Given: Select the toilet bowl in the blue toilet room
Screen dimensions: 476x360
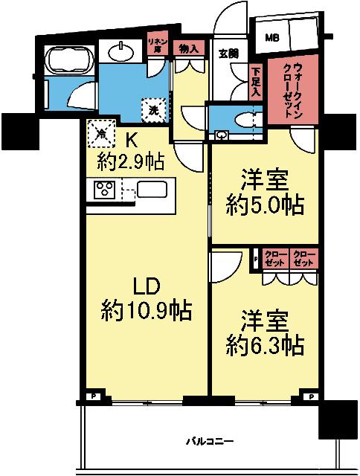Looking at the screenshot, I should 242,119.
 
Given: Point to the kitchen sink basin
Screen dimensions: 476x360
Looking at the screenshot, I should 152,190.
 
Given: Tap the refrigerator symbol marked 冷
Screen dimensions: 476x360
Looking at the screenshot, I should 101,135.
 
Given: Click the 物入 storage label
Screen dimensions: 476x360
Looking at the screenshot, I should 189,48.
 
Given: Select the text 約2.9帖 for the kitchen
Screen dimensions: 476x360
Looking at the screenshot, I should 131,161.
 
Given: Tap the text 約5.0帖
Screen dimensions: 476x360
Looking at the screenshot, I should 266,206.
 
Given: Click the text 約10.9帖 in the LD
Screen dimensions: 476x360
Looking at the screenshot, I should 147,310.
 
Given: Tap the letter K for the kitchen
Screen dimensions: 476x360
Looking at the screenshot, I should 131,139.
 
